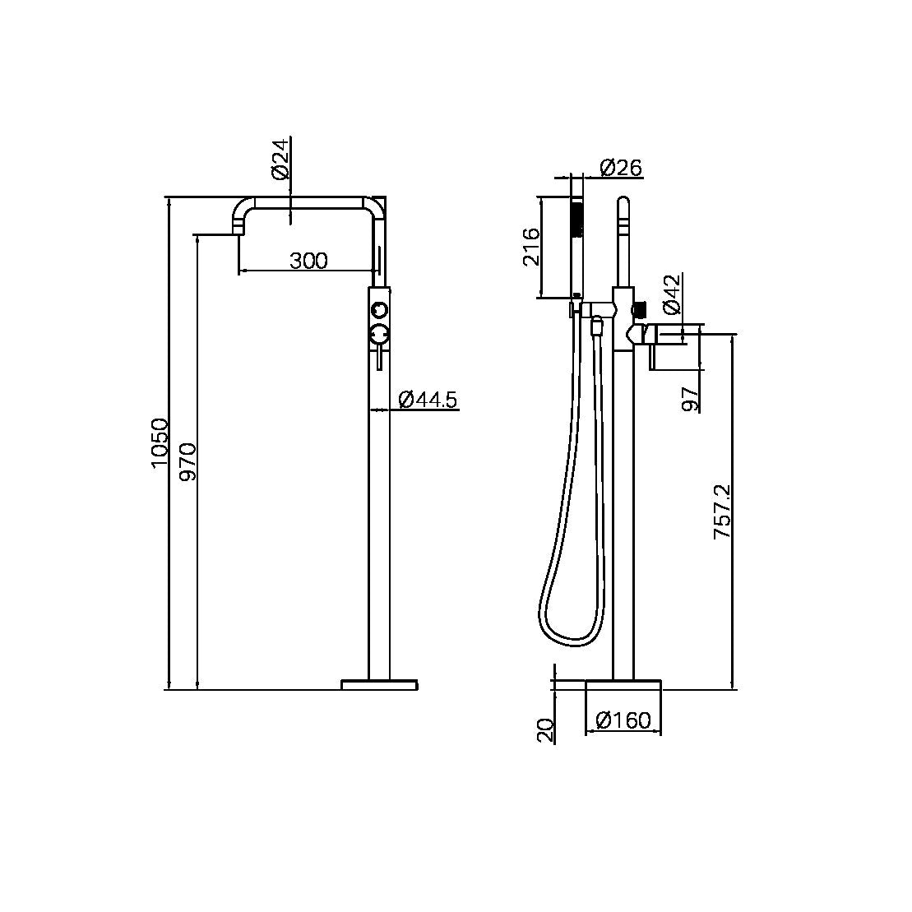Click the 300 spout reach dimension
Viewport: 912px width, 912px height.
tap(308, 261)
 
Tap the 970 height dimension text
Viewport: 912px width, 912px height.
tap(188, 461)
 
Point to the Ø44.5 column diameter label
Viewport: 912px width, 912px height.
tap(428, 400)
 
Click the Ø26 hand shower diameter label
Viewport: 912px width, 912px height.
tap(621, 168)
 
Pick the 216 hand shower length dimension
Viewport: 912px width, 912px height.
tap(530, 246)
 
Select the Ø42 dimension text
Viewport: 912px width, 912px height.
tap(671, 294)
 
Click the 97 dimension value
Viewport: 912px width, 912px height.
tap(692, 398)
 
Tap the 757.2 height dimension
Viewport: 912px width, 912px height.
tap(722, 512)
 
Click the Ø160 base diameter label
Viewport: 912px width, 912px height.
tap(623, 721)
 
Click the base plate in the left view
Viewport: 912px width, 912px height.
tap(379, 684)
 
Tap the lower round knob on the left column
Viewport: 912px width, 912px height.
tap(378, 333)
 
